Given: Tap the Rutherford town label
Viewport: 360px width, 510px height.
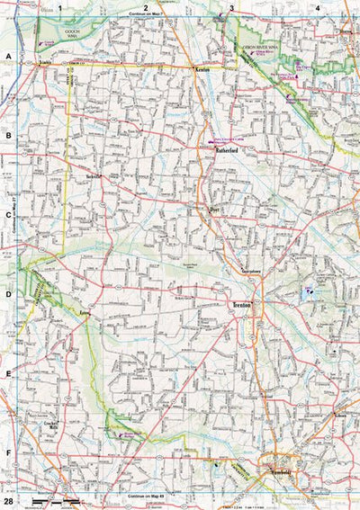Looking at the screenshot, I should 224,150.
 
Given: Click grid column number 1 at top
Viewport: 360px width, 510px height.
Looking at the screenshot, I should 60,7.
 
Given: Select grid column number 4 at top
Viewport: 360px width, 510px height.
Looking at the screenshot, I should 317,7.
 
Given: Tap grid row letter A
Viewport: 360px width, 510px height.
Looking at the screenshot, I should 8,56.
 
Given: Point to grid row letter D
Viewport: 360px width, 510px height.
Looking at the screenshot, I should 8,294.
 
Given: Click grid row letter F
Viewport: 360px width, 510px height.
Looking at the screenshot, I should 8,453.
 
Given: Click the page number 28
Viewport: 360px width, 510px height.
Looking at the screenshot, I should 8,500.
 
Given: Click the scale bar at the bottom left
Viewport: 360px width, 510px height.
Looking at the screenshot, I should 49,497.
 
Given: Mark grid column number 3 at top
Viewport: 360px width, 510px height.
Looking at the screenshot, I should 231,7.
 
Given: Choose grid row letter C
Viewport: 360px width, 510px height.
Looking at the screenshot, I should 8,215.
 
